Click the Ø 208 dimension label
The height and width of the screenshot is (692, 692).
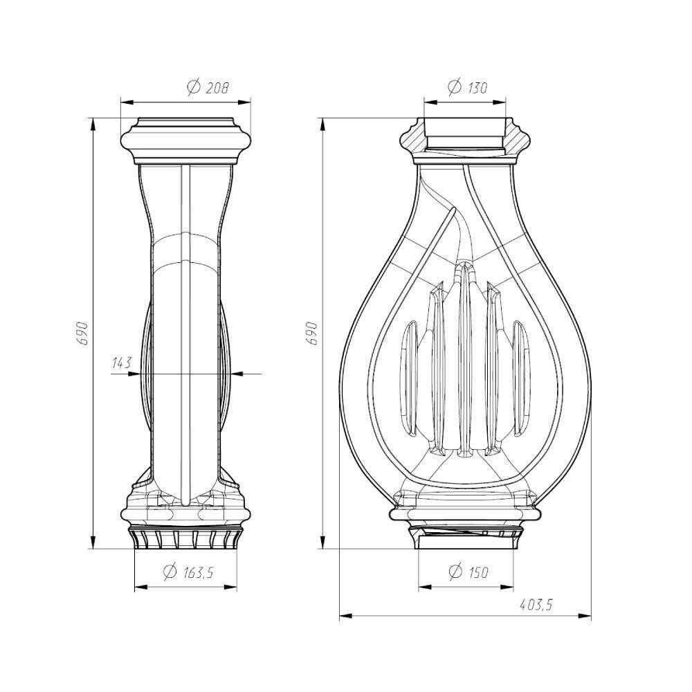pyautogui.click(x=208, y=87)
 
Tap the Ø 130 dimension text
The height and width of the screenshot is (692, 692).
pyautogui.click(x=467, y=87)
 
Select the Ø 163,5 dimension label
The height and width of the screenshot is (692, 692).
pyautogui.click(x=188, y=572)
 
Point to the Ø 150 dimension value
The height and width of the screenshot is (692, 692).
pyautogui.click(x=468, y=572)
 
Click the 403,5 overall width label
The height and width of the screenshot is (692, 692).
pyautogui.click(x=536, y=604)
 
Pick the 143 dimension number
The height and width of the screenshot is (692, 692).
pyautogui.click(x=122, y=363)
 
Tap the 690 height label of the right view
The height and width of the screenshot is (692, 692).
pyautogui.click(x=313, y=334)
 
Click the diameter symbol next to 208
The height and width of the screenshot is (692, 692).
pyautogui.click(x=194, y=87)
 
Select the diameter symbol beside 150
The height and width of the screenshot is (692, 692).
pyautogui.click(x=455, y=572)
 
